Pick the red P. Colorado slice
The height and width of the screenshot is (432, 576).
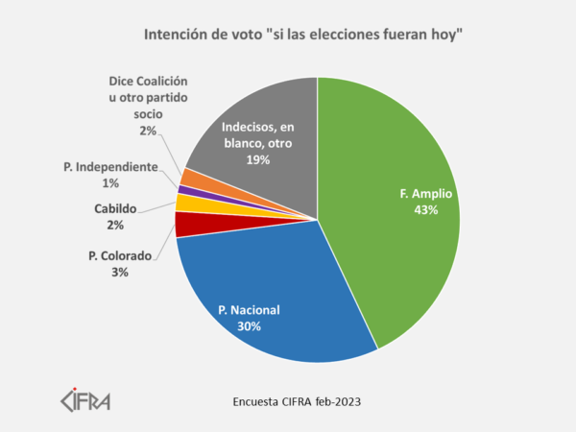186,225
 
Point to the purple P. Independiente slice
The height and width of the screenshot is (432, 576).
182,190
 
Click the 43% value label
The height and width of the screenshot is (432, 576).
424,209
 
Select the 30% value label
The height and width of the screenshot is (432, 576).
249,325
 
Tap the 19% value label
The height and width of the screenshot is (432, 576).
257,160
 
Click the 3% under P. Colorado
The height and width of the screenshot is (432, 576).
119,272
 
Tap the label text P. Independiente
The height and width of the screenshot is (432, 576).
110,167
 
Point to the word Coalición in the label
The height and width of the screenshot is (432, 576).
158,84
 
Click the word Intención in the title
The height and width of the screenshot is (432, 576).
174,36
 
